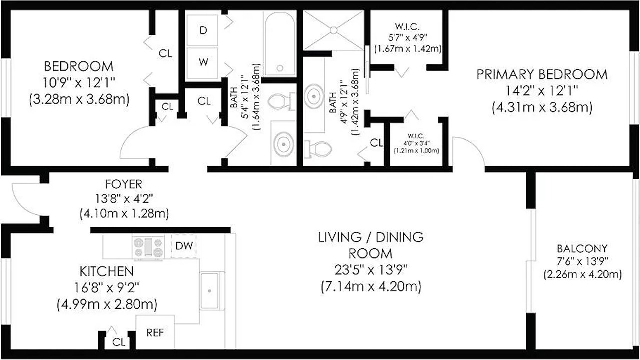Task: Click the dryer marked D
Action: pyautogui.click(x=202, y=30)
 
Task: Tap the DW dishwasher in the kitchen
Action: pyautogui.click(x=184, y=246)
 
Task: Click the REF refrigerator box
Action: pyautogui.click(x=155, y=332)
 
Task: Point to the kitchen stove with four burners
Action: pyautogui.click(x=148, y=247)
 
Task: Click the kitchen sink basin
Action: pyautogui.click(x=209, y=291)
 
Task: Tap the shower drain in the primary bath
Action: pyautogui.click(x=333, y=30)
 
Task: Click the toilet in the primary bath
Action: pyautogui.click(x=317, y=149)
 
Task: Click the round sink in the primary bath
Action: pyautogui.click(x=314, y=95)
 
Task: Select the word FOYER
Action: pyautogui.click(x=123, y=184)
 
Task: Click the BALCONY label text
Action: pyautogui.click(x=582, y=249)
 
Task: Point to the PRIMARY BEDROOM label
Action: pyautogui.click(x=542, y=75)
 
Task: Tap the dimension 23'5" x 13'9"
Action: pyautogui.click(x=371, y=270)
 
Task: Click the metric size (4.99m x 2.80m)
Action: pyautogui.click(x=107, y=305)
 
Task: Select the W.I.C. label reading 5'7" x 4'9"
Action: pyautogui.click(x=407, y=37)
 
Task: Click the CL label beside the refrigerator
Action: pyautogui.click(x=119, y=342)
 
